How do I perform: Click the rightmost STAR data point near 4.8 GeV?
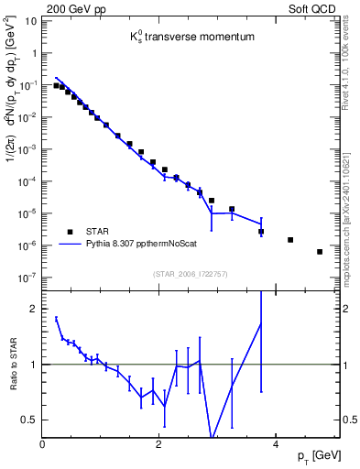coord(320,252)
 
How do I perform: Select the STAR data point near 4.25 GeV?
coord(290,240)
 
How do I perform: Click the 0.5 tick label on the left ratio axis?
coord(30,420)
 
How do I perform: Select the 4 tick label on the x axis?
coord(276,443)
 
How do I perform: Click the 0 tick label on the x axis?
coord(43,443)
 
